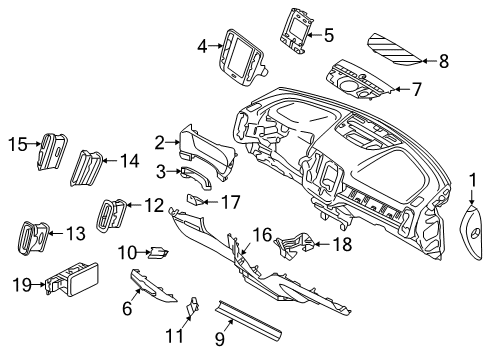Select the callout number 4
(x=202, y=45)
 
